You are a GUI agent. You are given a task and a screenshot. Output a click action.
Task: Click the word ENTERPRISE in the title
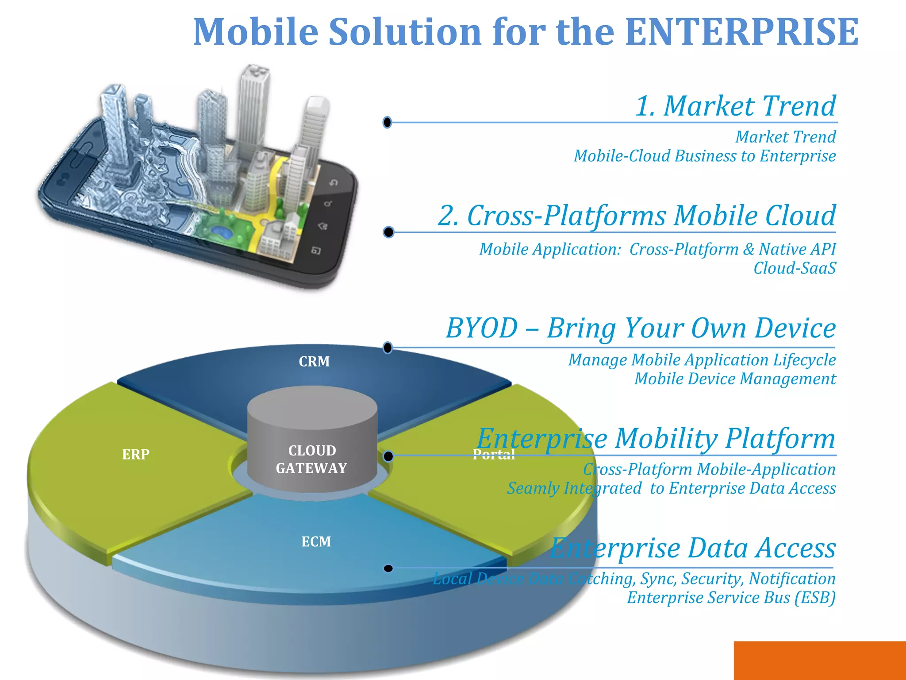(742, 32)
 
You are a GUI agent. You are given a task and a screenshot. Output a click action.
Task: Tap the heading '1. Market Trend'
(735, 106)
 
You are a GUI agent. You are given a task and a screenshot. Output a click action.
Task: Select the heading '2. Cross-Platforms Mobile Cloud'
(636, 216)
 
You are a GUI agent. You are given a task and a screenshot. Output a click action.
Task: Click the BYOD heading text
(640, 328)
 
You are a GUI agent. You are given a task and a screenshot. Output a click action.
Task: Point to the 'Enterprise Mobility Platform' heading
(656, 439)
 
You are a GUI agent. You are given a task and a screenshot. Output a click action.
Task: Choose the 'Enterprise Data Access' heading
(693, 548)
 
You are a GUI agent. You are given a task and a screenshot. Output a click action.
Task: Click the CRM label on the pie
(314, 362)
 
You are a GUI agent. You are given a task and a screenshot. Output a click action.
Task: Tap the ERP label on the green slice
(136, 454)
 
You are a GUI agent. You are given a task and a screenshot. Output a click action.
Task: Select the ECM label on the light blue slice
(316, 541)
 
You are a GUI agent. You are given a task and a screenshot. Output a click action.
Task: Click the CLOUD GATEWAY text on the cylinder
(312, 459)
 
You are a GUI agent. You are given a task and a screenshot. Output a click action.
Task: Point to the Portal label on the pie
(494, 454)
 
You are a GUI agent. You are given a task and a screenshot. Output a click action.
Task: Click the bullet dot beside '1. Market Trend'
(388, 122)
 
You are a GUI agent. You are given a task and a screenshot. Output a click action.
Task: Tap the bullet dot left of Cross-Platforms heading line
(388, 232)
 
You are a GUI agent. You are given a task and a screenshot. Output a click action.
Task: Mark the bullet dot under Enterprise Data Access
(388, 568)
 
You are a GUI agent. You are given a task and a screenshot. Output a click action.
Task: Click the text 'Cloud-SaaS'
(795, 268)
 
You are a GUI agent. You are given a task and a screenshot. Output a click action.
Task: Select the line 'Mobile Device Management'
(735, 379)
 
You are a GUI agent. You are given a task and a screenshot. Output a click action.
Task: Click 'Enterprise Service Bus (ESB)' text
(731, 598)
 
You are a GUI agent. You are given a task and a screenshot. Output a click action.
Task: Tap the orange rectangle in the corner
(819, 660)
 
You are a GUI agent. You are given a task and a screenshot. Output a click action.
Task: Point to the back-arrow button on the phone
(334, 183)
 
